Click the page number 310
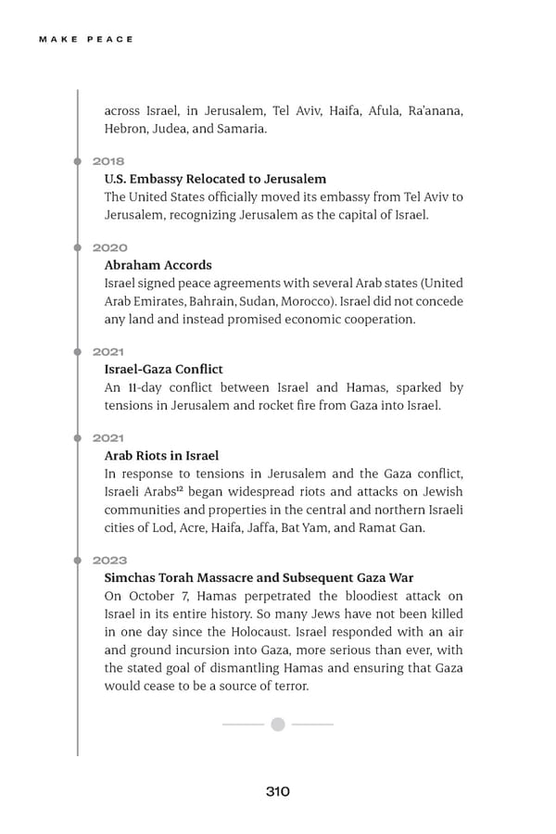277,791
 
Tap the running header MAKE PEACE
87,39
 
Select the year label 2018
108,161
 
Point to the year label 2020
110,247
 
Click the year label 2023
110,560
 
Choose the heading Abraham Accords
158,265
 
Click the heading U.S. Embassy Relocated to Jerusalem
215,179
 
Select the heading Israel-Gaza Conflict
163,369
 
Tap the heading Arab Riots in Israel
161,455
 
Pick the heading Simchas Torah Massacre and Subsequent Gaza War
259,577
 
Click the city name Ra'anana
435,111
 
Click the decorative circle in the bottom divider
277,724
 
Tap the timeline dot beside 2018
78,161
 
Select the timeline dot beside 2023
78,560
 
